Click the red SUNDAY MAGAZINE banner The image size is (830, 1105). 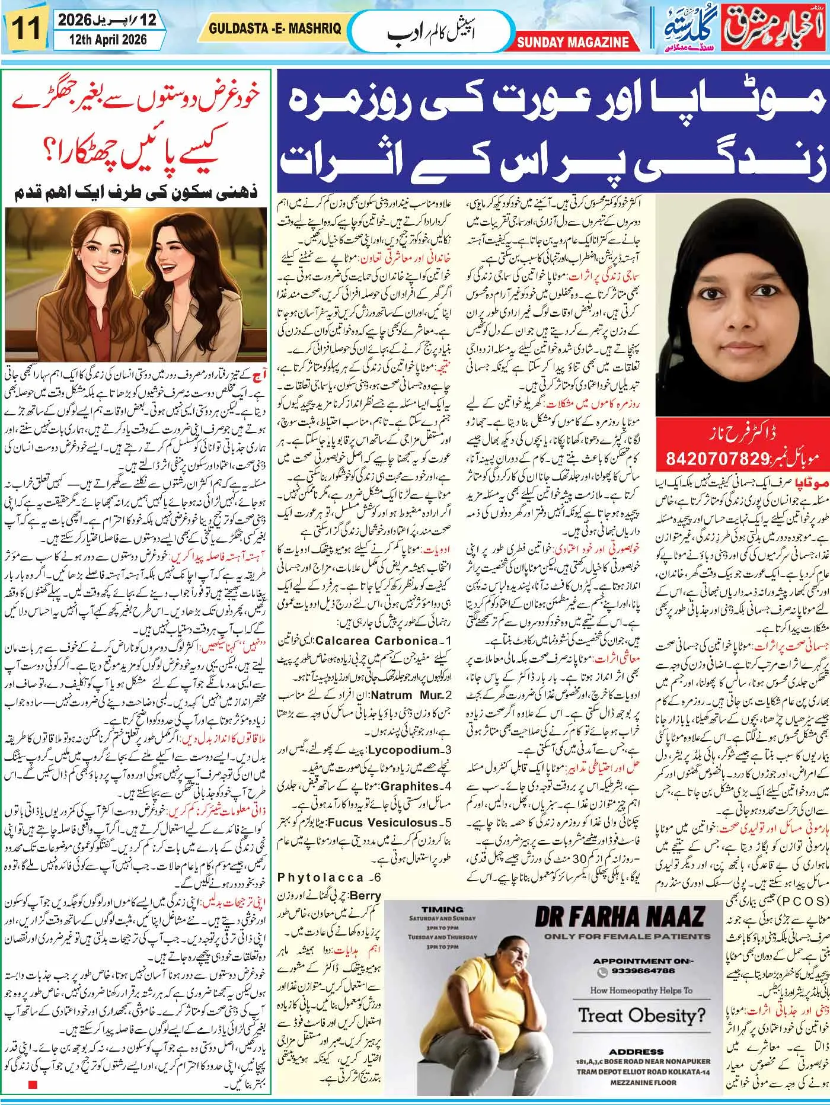point(573,42)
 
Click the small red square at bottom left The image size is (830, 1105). point(33,1085)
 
